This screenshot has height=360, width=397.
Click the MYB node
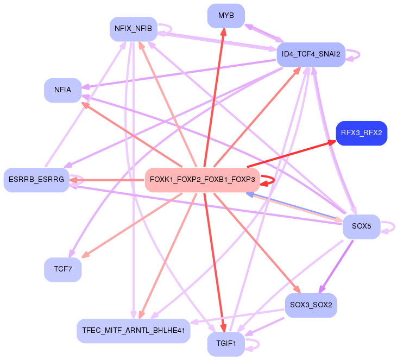click(x=226, y=16)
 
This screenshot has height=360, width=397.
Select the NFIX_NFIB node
click(x=133, y=29)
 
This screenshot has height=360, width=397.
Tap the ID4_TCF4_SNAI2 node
click(x=311, y=54)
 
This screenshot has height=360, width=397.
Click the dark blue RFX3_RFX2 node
click(x=361, y=133)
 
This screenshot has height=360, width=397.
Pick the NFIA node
click(x=62, y=90)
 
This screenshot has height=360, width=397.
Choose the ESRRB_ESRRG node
click(x=36, y=180)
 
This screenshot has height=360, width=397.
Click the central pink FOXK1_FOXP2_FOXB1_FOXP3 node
click(x=202, y=180)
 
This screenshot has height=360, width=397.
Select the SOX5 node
click(x=361, y=226)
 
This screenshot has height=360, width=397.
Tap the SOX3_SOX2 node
click(x=311, y=305)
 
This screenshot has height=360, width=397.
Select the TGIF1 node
click(x=226, y=344)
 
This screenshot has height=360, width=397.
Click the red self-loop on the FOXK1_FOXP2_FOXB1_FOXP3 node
click(x=273, y=180)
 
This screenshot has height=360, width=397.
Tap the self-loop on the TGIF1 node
click(x=257, y=344)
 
